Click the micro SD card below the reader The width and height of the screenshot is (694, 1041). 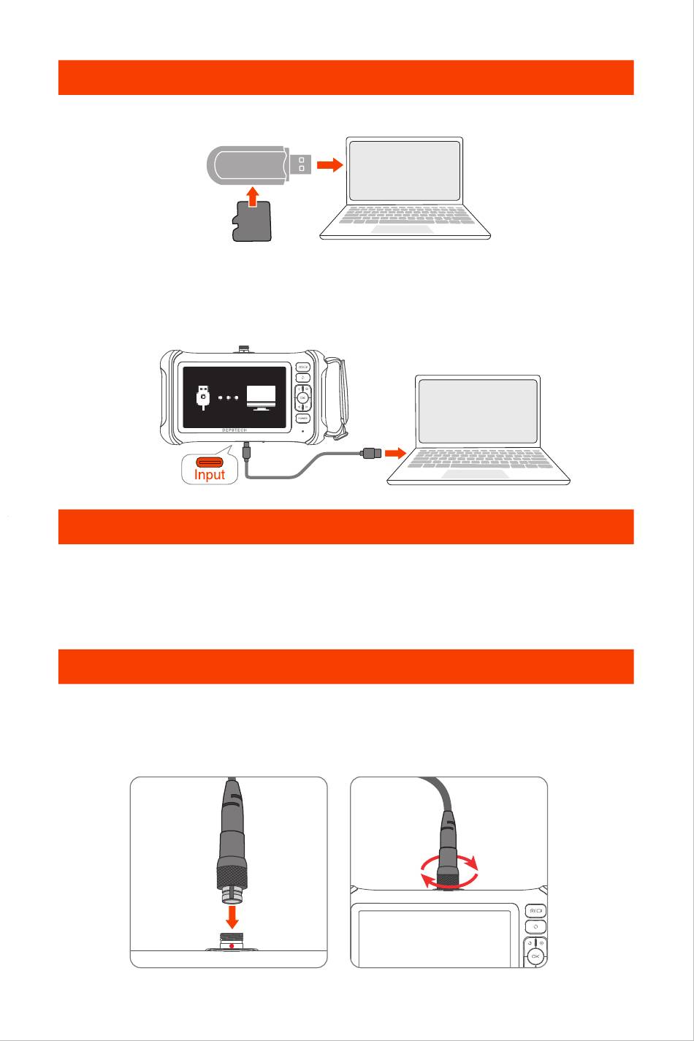(252, 222)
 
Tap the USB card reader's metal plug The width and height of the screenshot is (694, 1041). (301, 165)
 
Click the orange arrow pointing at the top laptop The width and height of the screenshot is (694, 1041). (331, 165)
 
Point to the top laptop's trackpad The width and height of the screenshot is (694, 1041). (405, 229)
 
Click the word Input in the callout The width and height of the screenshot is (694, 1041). (210, 474)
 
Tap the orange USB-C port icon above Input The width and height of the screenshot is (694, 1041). (210, 462)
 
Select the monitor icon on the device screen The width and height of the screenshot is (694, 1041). (261, 397)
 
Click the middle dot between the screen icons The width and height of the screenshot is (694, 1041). (228, 398)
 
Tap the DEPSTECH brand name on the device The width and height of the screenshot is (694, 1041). (239, 430)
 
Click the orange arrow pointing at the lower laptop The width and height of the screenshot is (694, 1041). (397, 454)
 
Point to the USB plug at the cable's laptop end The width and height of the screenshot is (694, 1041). (368, 454)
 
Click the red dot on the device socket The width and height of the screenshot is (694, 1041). (232, 946)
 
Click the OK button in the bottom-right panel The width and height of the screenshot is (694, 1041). (535, 956)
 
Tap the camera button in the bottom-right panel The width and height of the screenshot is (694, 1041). (535, 911)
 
